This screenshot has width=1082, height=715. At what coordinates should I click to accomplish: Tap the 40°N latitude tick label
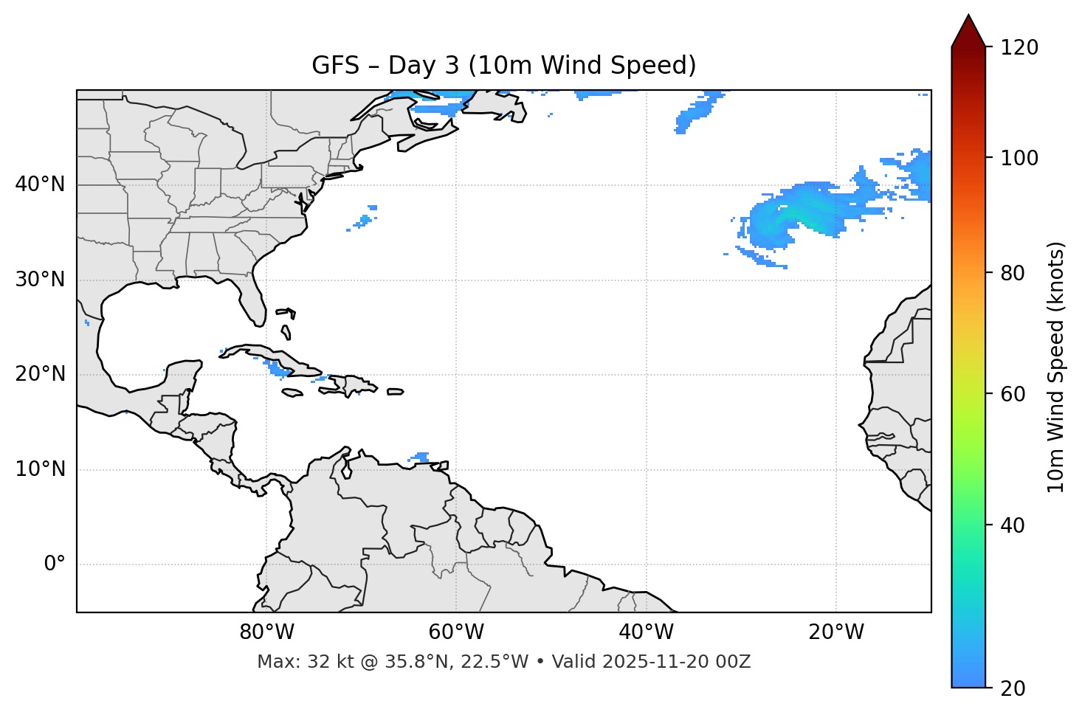[x=40, y=184]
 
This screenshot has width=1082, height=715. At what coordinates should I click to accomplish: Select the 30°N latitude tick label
[x=40, y=280]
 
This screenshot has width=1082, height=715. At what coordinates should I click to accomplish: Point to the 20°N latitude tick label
[x=40, y=374]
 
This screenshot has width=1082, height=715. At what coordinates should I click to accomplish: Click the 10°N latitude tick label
[x=40, y=469]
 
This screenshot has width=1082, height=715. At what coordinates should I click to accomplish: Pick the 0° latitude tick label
[x=55, y=564]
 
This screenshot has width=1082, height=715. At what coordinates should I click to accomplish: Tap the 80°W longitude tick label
[x=266, y=632]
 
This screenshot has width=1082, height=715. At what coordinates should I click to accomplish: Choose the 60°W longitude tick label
[x=456, y=632]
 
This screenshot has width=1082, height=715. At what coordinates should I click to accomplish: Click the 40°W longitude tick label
[x=646, y=632]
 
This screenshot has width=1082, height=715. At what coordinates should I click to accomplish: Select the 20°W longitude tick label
[x=835, y=632]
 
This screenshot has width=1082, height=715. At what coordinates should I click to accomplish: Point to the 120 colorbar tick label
[x=1019, y=48]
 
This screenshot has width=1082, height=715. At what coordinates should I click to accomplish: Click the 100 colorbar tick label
[x=1019, y=158]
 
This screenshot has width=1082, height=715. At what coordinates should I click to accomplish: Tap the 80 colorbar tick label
[x=1013, y=273]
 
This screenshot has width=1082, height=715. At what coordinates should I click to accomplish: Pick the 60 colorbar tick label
[x=1013, y=394]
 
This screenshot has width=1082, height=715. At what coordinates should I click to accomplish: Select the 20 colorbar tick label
[x=1013, y=688]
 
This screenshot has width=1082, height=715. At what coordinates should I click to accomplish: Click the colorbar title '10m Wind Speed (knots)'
[x=1056, y=367]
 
